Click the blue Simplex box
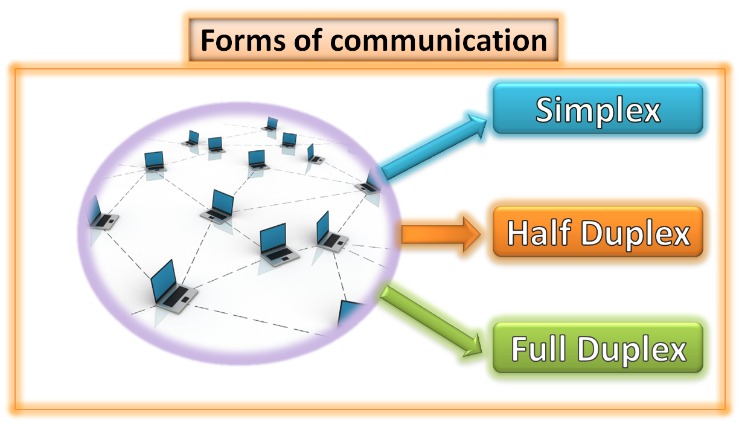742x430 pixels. click(x=598, y=108)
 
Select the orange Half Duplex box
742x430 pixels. click(x=598, y=233)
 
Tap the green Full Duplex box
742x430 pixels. click(x=598, y=348)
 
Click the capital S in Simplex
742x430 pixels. click(x=546, y=110)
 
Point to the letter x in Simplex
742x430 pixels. click(x=650, y=112)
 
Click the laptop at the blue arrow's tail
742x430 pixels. click(x=369, y=184)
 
